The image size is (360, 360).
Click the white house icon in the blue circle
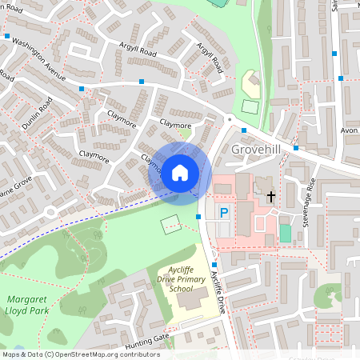tap(180, 172)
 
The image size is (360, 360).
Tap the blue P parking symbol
tap(225, 213)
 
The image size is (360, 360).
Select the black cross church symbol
tap(270, 196)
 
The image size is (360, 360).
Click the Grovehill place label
tap(257, 150)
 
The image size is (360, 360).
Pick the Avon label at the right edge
tap(350, 131)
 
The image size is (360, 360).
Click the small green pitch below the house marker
tap(171, 225)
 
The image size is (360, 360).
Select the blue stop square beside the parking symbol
tap(198, 216)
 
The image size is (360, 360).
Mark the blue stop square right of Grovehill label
tap(296, 147)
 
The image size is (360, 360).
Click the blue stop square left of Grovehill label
tap(243, 130)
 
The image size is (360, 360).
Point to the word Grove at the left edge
tap(16, 184)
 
